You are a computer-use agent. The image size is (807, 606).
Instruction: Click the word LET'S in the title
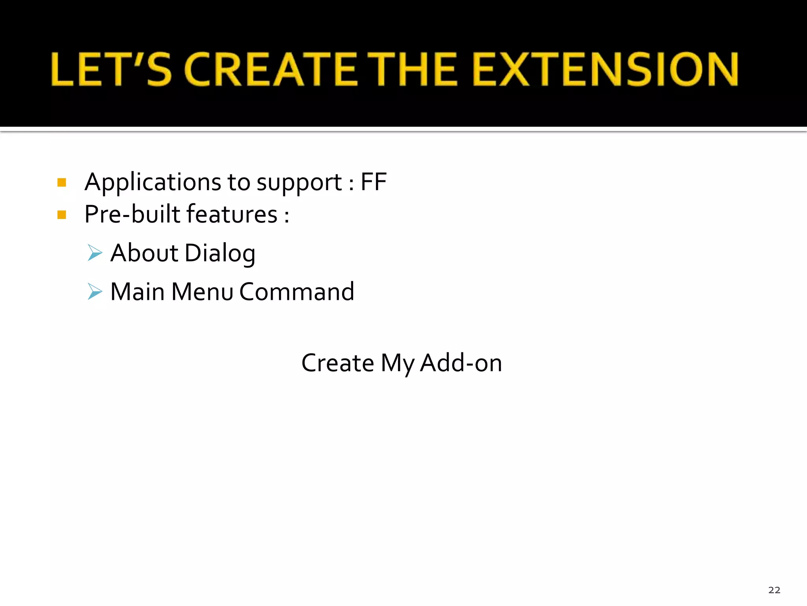[x=111, y=69]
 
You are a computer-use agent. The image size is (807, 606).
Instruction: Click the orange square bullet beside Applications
[x=62, y=182]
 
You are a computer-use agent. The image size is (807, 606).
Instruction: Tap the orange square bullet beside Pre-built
[x=62, y=215]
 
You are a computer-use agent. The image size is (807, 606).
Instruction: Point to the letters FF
[x=374, y=182]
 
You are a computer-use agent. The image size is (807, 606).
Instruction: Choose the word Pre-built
[x=132, y=214]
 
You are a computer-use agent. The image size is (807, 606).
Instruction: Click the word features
[x=232, y=214]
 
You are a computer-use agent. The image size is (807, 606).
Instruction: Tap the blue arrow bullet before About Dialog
[x=95, y=252]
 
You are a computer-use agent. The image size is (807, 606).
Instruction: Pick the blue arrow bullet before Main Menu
[x=95, y=292]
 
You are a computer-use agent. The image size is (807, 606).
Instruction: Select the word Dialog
[x=220, y=253]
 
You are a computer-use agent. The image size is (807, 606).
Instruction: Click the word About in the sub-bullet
[x=144, y=253]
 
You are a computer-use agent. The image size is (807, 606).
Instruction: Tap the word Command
[x=297, y=292]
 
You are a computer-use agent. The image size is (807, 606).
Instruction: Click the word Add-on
[x=461, y=363]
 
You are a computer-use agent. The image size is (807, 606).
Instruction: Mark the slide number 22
[x=774, y=590]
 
